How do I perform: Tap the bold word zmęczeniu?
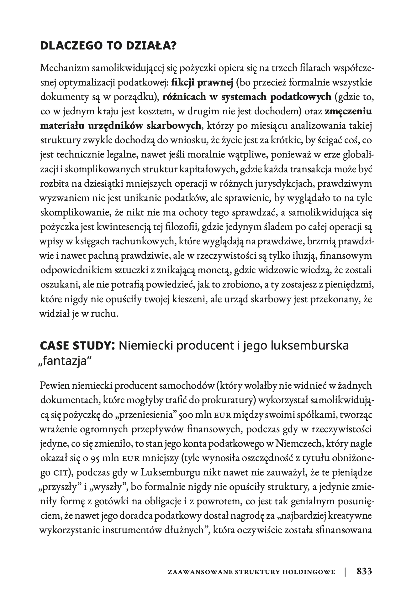348,112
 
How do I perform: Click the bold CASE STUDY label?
75,346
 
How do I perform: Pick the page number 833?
364,571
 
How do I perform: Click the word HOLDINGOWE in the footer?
312,572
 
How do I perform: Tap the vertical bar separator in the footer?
345,571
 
